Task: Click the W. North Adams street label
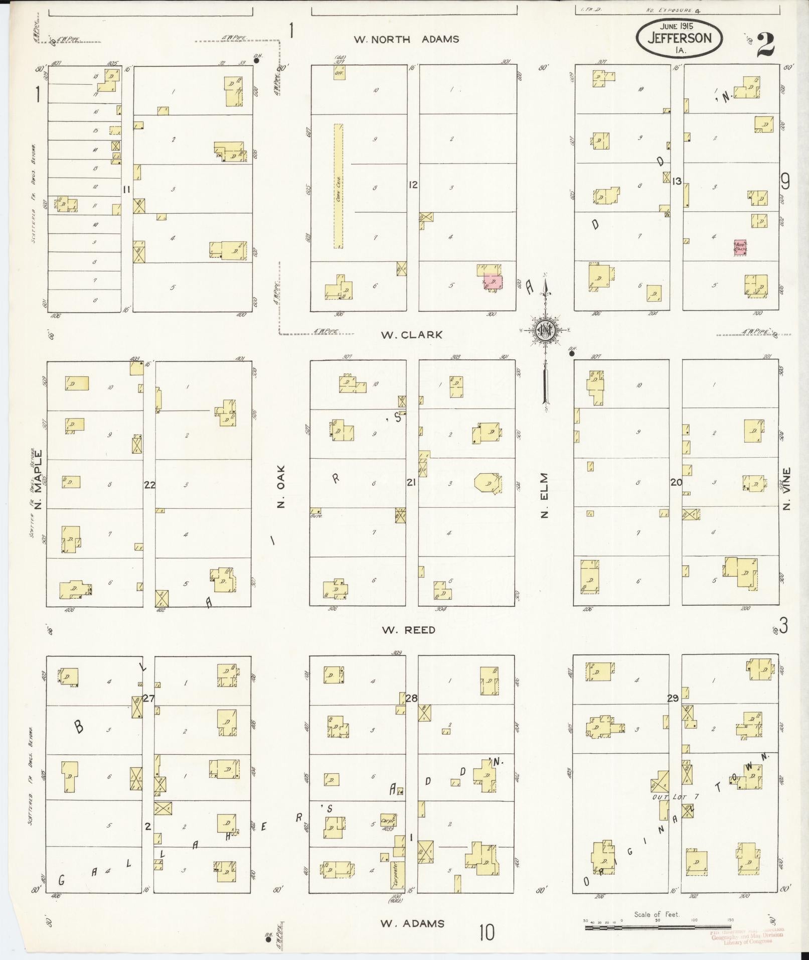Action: (406, 39)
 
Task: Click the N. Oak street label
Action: (281, 486)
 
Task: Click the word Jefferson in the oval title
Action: (680, 39)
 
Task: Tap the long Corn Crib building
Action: (339, 186)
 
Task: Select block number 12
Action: (413, 185)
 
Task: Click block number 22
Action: (149, 485)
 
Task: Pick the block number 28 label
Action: (411, 698)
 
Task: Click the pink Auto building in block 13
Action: (740, 247)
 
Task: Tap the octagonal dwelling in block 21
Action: (486, 483)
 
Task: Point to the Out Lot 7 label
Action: (676, 810)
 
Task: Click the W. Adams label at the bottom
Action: (412, 923)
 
